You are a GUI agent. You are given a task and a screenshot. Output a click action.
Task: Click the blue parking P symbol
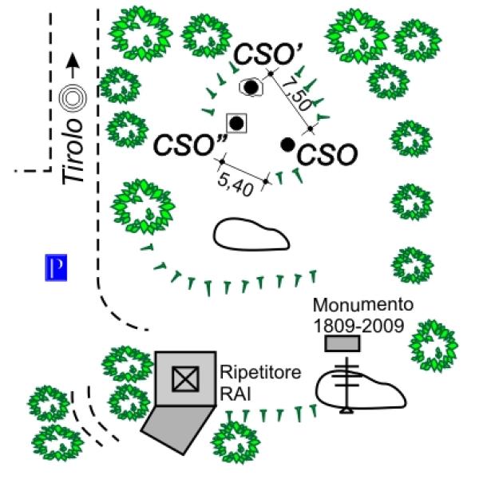tap(55, 268)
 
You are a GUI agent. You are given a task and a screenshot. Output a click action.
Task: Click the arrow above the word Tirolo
tap(73, 64)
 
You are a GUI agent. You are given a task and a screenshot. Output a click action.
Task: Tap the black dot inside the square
tap(236, 122)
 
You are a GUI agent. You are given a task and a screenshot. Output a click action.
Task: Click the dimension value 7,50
tap(299, 94)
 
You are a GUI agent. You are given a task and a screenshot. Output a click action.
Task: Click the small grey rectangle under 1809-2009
tap(342, 343)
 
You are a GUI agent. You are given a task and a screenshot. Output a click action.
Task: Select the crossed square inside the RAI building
tap(184, 379)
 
